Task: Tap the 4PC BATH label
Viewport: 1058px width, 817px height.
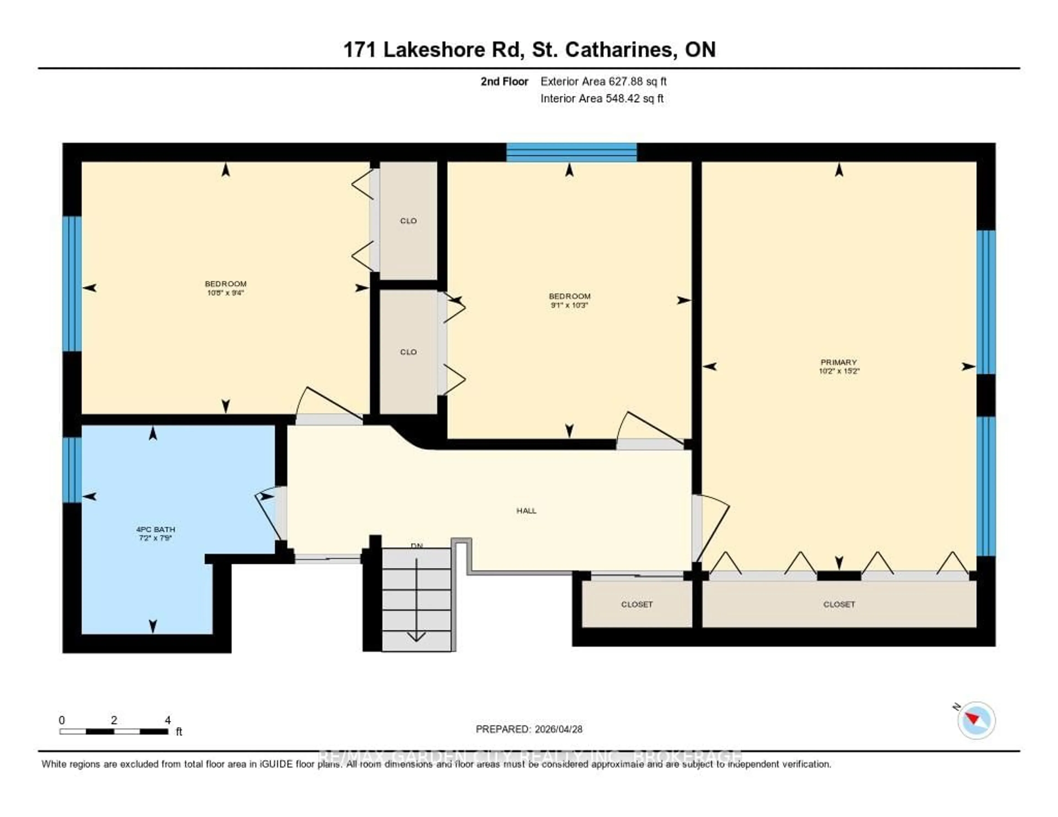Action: pyautogui.click(x=155, y=529)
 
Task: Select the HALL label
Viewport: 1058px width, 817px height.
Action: pyautogui.click(x=526, y=510)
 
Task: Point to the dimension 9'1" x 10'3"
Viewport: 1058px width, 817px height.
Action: pyautogui.click(x=569, y=305)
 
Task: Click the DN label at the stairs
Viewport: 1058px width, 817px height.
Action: pyautogui.click(x=417, y=546)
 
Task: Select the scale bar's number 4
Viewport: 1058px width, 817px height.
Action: pyautogui.click(x=168, y=720)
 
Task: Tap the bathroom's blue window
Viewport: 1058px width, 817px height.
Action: pyautogui.click(x=72, y=470)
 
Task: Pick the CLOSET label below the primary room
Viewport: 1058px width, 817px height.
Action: pyautogui.click(x=839, y=604)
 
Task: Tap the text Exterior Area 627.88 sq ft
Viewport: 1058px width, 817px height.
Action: pyautogui.click(x=603, y=81)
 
